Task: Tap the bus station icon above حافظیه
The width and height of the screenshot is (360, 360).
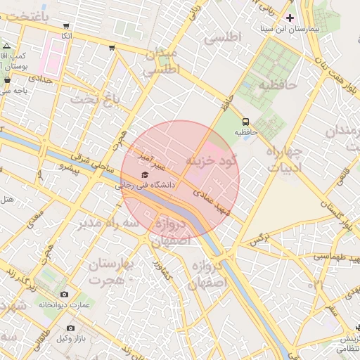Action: pyautogui.click(x=245, y=121)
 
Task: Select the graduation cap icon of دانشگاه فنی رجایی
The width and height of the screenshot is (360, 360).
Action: pyautogui.click(x=145, y=174)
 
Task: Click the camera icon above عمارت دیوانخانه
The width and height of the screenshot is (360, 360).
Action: pyautogui.click(x=65, y=294)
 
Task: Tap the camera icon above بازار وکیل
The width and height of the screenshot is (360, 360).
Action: pyautogui.click(x=70, y=328)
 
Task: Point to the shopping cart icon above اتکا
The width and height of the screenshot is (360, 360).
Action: pyautogui.click(x=66, y=25)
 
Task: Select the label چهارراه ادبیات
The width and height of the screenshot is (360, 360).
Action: pyautogui.click(x=284, y=160)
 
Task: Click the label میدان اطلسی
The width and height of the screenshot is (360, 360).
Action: pyautogui.click(x=162, y=62)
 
